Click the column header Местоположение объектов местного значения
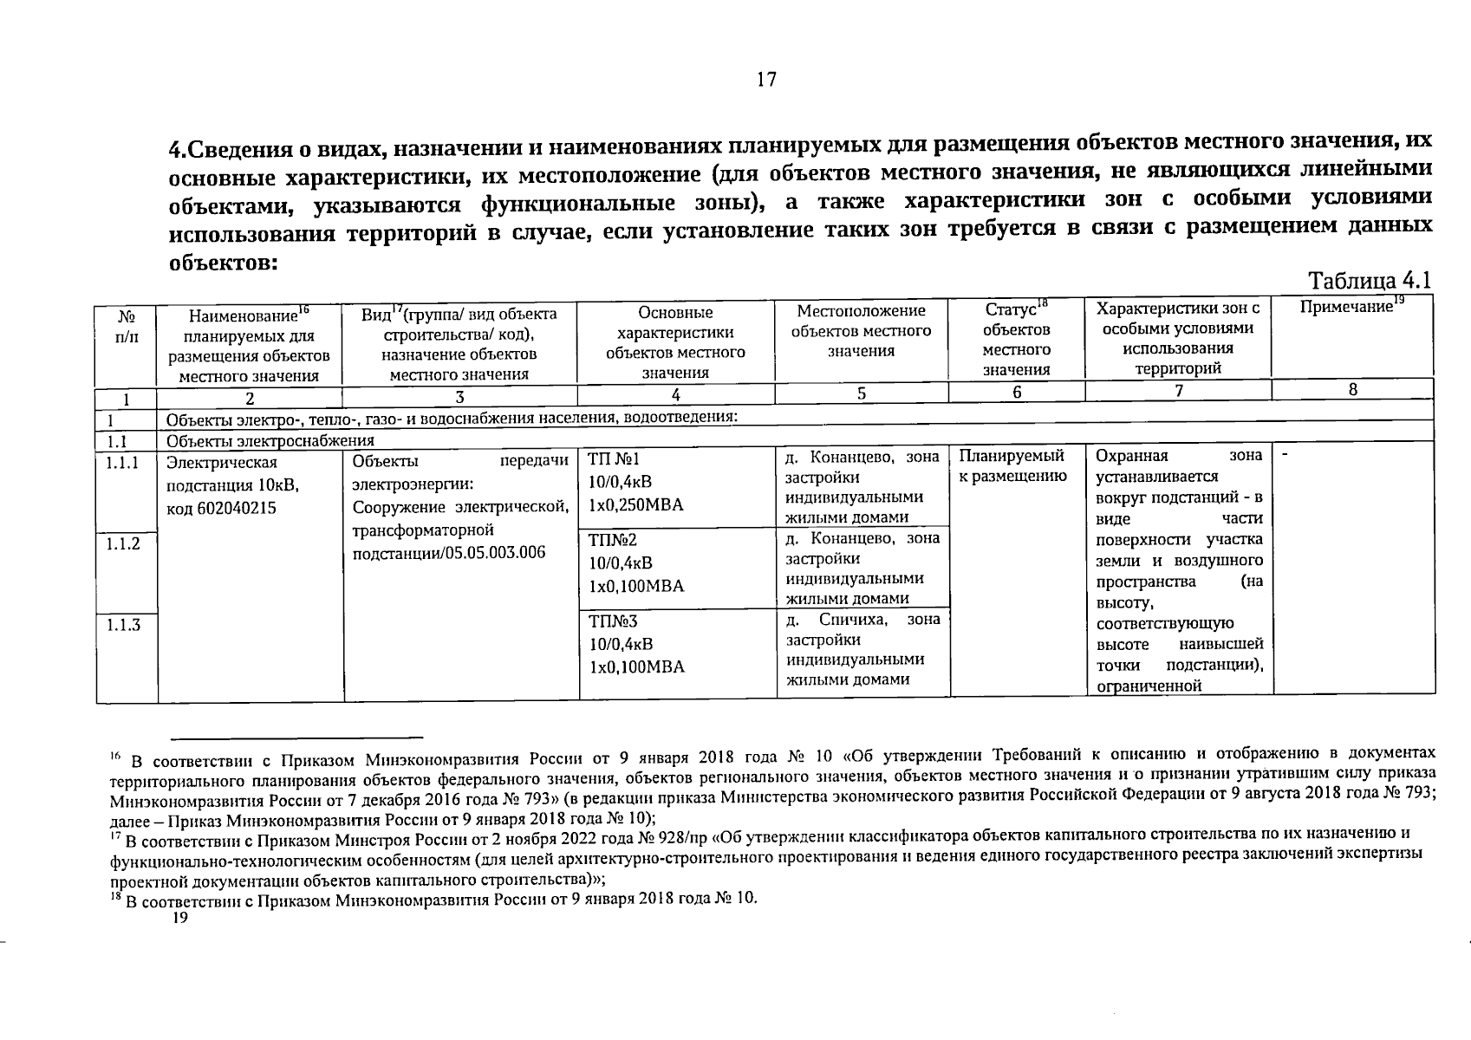(861, 330)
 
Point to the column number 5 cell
(861, 392)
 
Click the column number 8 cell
(1352, 390)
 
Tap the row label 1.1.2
(124, 543)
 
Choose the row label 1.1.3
(124, 624)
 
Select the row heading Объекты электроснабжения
(270, 440)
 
